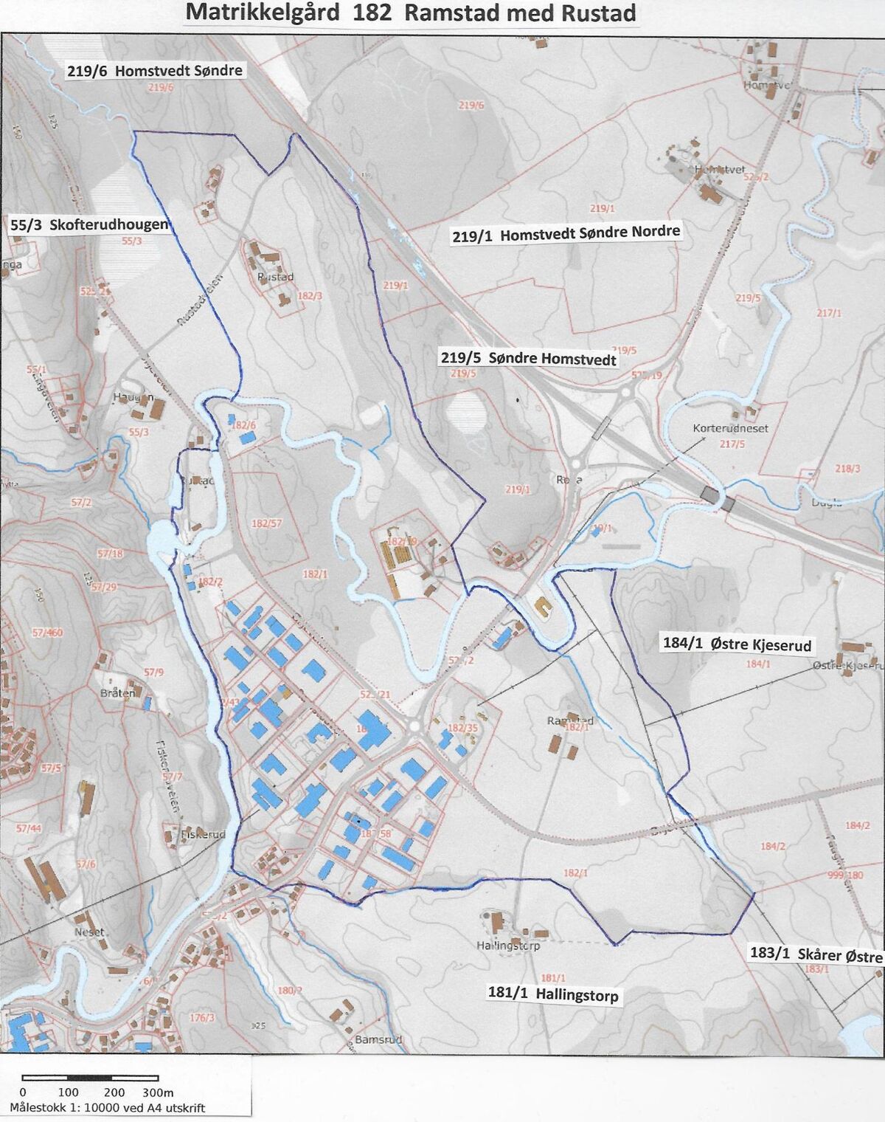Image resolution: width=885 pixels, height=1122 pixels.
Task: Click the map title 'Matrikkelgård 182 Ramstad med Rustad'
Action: (410, 13)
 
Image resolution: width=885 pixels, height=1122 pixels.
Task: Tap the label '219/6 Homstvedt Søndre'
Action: (154, 71)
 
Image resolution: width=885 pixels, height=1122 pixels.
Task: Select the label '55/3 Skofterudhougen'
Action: (89, 225)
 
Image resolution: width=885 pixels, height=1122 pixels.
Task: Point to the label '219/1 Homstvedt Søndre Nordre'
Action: (566, 234)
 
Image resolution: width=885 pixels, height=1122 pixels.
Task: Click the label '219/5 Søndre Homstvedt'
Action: (528, 359)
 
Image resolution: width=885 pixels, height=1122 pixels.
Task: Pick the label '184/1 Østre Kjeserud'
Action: (737, 644)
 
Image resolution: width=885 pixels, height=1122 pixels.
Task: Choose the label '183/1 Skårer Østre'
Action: (816, 954)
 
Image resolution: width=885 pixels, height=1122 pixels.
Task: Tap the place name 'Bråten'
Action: (117, 693)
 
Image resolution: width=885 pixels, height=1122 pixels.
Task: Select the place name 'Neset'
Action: (89, 932)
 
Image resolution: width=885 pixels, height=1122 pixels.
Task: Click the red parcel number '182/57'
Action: (266, 523)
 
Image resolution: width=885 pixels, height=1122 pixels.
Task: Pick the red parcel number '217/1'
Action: (829, 313)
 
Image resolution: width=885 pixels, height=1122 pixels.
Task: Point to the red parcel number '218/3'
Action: (847, 469)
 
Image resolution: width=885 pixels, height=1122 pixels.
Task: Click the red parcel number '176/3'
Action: (201, 1018)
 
